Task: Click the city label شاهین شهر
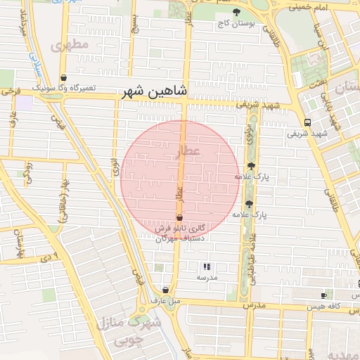click(155, 92)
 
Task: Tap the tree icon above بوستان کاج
click(236, 12)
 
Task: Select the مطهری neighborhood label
click(70, 44)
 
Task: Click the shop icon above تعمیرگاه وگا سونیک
click(64, 78)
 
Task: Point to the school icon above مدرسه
click(207, 266)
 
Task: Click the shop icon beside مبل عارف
click(165, 290)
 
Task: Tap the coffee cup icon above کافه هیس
click(323, 295)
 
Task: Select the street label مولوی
click(249, 133)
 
